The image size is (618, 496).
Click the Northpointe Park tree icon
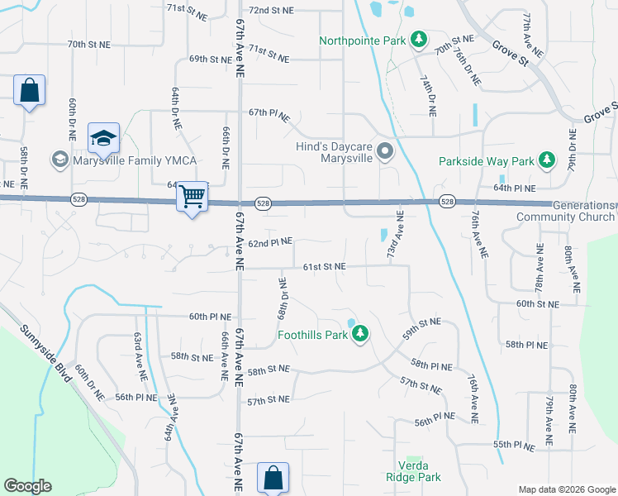(x=420, y=40)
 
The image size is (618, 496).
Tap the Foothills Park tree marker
(x=359, y=335)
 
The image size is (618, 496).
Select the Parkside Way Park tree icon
(x=546, y=160)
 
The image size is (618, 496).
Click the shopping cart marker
(x=193, y=197)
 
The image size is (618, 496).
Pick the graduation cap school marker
(x=104, y=138)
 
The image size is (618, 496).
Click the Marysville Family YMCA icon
(x=59, y=159)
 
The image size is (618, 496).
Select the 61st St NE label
(x=324, y=267)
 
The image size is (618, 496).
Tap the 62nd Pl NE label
(x=270, y=242)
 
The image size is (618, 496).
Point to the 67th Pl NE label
(x=269, y=116)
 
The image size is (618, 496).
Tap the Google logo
(x=27, y=486)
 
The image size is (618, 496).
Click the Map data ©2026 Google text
(x=566, y=489)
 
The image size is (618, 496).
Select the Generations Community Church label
(x=565, y=211)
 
